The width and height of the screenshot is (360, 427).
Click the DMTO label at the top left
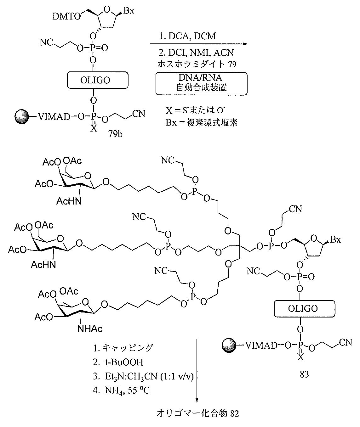coord(67,17)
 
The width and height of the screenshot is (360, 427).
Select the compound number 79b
coord(115,134)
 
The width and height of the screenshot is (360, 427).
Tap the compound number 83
coord(304,374)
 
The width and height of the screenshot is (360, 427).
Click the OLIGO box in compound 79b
coord(98,80)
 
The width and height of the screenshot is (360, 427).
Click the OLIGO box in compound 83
coord(305,309)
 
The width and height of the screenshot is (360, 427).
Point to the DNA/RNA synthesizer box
coord(201,83)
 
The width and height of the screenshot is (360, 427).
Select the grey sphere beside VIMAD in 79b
coord(22,117)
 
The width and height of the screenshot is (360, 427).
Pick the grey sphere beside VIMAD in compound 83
coord(229,346)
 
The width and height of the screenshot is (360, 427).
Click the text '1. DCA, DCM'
coord(187,36)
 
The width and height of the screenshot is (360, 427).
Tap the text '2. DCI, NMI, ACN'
coord(196,53)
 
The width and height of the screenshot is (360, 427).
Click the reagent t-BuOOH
coord(124,362)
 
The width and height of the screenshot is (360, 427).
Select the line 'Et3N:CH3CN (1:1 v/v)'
coord(149,376)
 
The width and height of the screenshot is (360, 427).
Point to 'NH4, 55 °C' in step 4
coord(127,390)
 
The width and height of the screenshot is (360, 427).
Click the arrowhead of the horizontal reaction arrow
coord(245,44)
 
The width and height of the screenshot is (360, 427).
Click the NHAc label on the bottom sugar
coord(90,329)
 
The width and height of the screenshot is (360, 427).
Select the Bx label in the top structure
coord(129,10)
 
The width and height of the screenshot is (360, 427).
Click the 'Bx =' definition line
coord(201,123)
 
